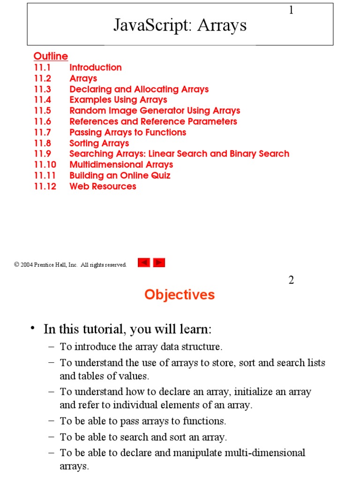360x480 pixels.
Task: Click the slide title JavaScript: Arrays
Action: click(180, 25)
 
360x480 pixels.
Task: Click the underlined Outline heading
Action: click(51, 56)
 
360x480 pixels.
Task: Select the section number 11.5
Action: click(42, 111)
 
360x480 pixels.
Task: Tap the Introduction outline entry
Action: click(96, 67)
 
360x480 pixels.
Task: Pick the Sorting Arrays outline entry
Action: click(99, 143)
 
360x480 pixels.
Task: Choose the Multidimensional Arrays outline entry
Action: click(121, 165)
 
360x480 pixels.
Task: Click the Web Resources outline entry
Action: click(103, 186)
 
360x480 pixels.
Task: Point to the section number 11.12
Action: click(45, 186)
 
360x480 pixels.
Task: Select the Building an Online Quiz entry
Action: click(120, 175)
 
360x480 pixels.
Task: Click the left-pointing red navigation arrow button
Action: click(144, 263)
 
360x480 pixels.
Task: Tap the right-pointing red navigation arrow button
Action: click(159, 263)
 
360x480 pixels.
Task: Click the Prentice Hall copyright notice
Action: click(70, 265)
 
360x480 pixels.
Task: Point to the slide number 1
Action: click(291, 10)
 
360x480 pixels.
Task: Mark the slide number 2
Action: click(291, 280)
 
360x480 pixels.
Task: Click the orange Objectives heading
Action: click(180, 294)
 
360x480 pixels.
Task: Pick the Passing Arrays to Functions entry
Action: click(128, 132)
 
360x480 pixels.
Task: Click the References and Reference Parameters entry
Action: click(153, 121)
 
